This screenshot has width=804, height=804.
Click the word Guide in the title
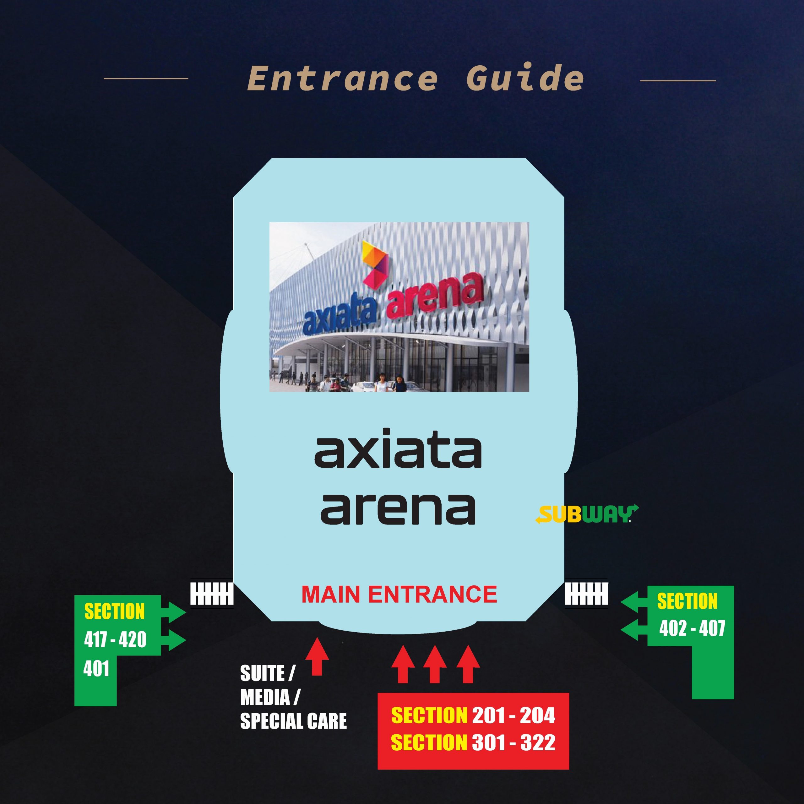[525, 77]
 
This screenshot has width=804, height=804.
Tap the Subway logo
[587, 513]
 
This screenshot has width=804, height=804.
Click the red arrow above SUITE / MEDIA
[317, 656]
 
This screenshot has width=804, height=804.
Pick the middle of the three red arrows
[435, 664]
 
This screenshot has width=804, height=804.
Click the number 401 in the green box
[96, 669]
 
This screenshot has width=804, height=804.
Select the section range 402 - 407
[692, 628]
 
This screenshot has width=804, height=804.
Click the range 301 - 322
[513, 743]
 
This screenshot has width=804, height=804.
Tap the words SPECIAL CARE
[293, 721]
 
